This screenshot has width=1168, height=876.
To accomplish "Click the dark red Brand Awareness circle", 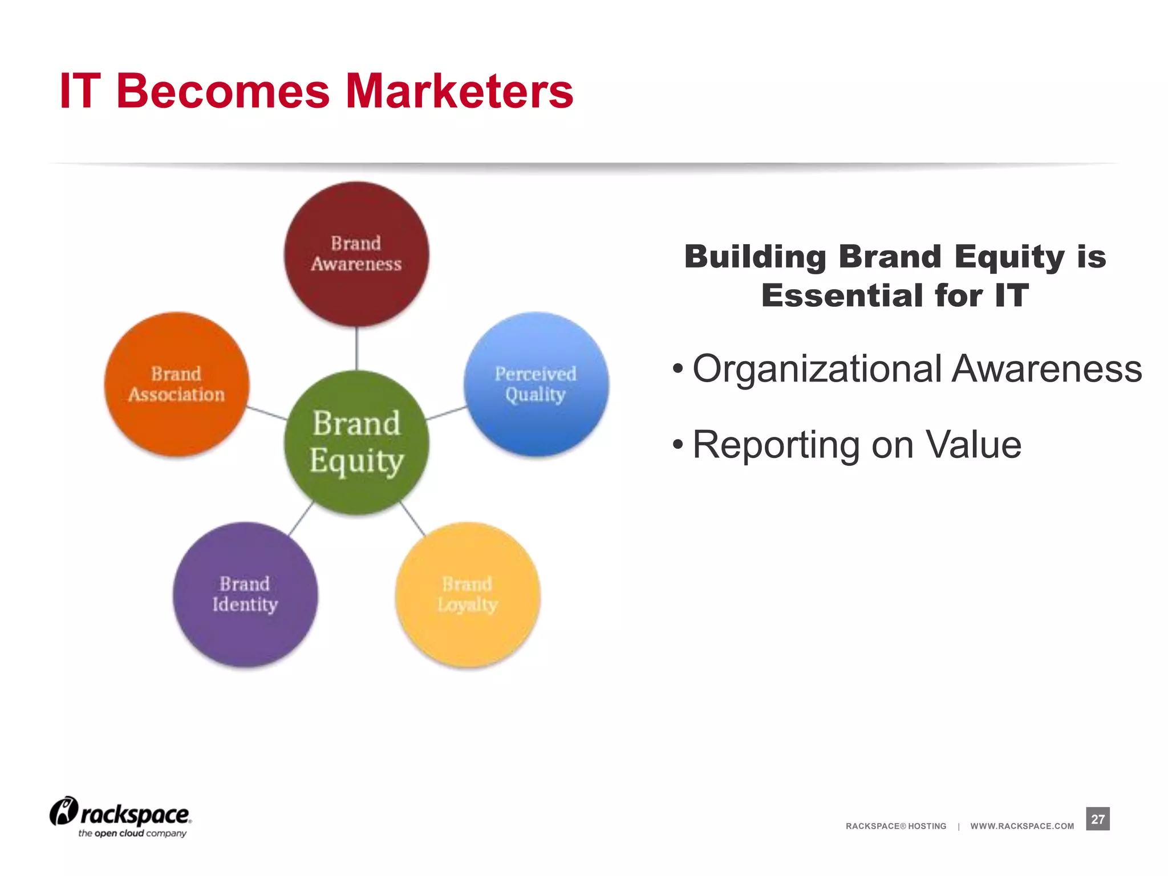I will (x=356, y=254).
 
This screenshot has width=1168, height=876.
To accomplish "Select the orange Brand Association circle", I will (x=177, y=384).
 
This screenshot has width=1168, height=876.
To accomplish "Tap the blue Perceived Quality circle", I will (x=536, y=384).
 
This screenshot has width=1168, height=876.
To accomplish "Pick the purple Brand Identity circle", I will (x=245, y=594).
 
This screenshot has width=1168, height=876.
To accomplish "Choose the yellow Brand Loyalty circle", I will (x=468, y=594).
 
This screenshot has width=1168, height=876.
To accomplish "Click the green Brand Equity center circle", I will (x=356, y=443).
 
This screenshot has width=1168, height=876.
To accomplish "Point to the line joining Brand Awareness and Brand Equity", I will (x=356, y=348).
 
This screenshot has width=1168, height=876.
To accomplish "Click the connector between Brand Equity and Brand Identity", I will (x=301, y=519).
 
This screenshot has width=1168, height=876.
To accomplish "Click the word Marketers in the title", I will (x=459, y=91).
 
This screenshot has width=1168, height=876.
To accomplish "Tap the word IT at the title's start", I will (x=80, y=91).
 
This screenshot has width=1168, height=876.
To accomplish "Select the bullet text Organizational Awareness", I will (x=916, y=368).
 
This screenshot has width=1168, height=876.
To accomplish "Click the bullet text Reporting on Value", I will (x=857, y=445).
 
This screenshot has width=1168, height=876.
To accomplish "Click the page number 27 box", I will (x=1097, y=819).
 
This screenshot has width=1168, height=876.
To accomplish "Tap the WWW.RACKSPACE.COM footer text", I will (x=1022, y=826).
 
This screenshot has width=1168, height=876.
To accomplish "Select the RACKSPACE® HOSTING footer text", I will (x=895, y=826).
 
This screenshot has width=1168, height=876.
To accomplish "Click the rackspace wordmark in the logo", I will (x=135, y=814).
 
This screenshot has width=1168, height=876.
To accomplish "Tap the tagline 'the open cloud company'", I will (x=132, y=834).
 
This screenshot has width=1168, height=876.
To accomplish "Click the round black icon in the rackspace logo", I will (x=63, y=811).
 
